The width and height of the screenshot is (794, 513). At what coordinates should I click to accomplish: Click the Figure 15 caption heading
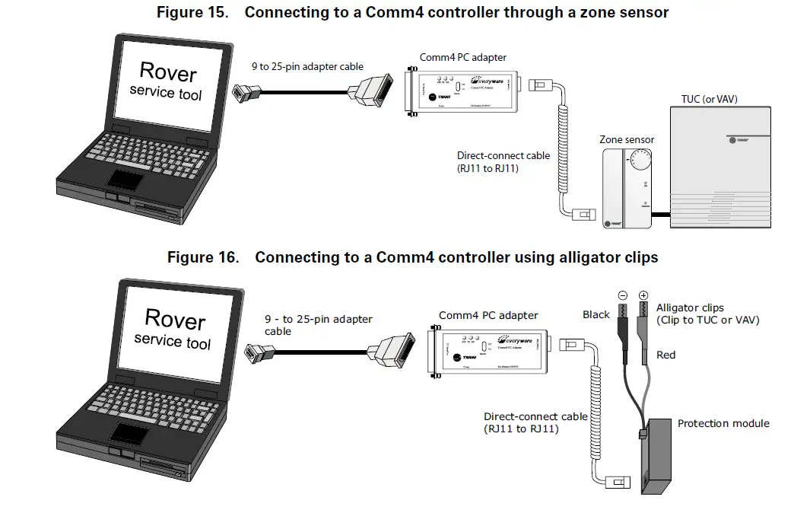[412, 12]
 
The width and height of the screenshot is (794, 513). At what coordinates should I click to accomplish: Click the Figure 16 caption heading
[412, 257]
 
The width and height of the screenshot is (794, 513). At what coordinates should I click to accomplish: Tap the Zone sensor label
[627, 139]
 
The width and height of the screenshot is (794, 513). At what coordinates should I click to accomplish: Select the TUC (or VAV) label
[709, 99]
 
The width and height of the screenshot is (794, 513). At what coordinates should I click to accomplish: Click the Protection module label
[723, 423]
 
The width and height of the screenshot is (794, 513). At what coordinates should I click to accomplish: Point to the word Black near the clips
[596, 314]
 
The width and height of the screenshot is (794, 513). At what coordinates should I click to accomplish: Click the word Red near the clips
[665, 355]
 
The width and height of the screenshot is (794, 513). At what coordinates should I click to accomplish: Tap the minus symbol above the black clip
[623, 295]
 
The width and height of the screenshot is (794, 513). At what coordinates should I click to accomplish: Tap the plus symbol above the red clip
[643, 295]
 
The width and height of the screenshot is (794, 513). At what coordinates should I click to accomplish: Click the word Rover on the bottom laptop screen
[175, 318]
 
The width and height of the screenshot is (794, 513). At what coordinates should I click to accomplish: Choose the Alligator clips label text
[690, 307]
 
